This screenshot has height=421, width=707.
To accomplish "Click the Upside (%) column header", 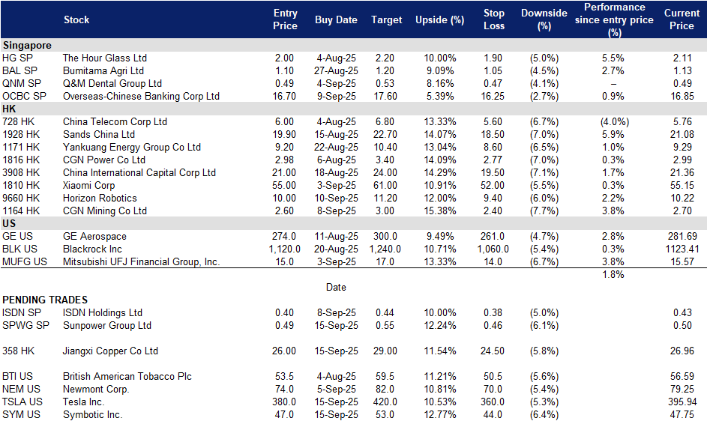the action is coord(439,19).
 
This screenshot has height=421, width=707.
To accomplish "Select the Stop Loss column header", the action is coord(494,19).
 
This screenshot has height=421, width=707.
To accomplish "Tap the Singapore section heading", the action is coord(26,45).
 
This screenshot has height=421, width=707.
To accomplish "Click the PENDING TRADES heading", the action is coord(45,300).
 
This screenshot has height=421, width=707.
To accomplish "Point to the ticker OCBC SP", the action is coord(24,96).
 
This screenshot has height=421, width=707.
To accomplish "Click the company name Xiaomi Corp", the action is coord(88,185).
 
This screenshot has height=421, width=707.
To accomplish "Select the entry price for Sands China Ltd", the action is coord(284,134).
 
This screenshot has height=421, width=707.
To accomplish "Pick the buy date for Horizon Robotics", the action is coord(336,198).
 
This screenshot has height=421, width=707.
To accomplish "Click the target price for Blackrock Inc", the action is coord(385,249).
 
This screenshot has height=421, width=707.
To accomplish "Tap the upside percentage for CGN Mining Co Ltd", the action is coord(439,210).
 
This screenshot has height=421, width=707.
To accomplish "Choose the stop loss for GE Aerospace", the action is coord(493,236).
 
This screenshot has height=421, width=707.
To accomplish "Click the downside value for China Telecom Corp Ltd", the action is coord(544,121).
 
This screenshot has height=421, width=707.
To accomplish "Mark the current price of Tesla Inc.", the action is coord(682,402).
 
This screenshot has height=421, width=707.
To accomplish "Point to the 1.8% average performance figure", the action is coord(613,274).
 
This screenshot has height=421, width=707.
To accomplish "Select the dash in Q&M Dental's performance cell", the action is coord(613,84).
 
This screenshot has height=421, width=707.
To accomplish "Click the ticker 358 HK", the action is coord(18,351).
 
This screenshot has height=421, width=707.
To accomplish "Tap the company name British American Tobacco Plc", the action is coord(127,376).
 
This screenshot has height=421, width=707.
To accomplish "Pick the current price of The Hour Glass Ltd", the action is coord(682,58).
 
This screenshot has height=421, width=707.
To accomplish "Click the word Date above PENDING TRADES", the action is coord(336,287).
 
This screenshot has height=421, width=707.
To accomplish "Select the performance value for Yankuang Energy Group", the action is coord(613,147).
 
